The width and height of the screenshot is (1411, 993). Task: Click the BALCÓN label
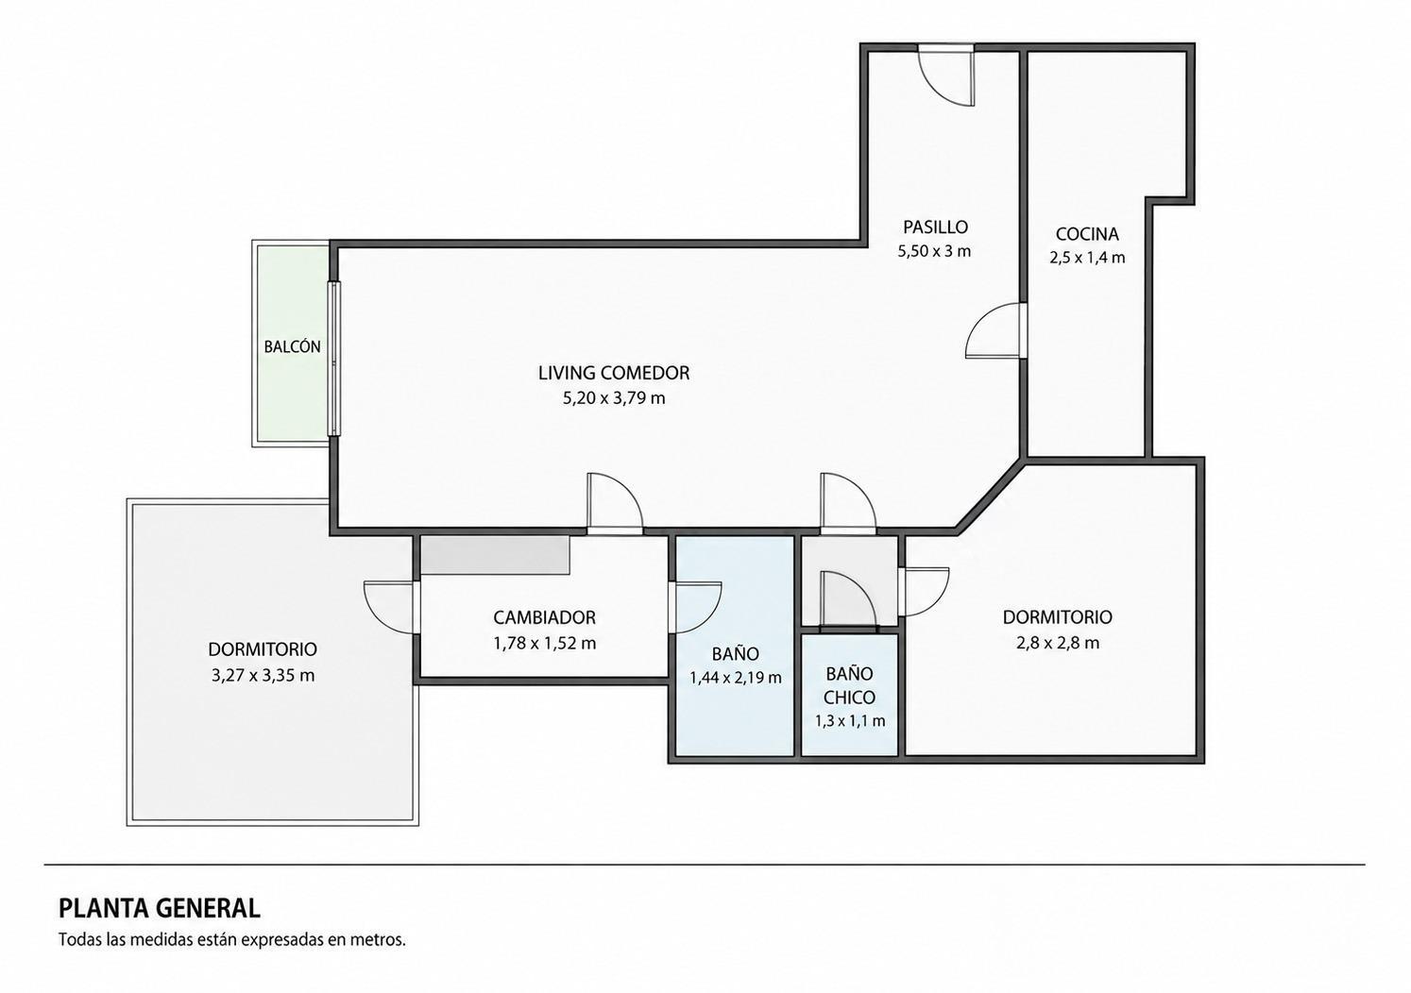click(292, 346)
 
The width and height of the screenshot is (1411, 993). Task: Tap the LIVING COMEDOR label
click(614, 373)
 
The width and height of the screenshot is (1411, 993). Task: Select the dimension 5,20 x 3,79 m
click(614, 398)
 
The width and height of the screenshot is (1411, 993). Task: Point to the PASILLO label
click(935, 226)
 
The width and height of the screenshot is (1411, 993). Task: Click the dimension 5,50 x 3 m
click(934, 251)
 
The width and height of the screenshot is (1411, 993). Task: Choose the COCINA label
click(1087, 234)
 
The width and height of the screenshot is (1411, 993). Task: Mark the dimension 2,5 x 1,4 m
click(1087, 258)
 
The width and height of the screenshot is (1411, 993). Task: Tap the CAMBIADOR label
click(544, 617)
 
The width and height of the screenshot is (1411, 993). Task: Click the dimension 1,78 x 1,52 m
click(544, 643)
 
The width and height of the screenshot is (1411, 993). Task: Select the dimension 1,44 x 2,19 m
click(736, 678)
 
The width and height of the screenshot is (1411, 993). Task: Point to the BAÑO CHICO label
click(850, 685)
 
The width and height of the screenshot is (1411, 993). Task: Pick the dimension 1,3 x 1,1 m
click(850, 721)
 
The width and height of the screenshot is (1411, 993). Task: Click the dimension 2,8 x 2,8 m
click(1058, 643)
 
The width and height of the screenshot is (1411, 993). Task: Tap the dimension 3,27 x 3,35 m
click(263, 676)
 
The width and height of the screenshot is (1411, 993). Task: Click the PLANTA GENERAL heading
click(160, 909)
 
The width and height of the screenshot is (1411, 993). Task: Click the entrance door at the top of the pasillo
click(946, 76)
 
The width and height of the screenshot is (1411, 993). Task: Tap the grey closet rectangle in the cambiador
click(495, 555)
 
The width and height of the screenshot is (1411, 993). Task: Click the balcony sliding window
click(334, 359)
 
